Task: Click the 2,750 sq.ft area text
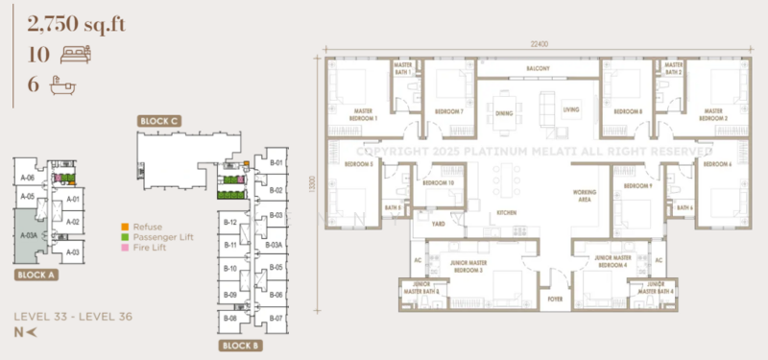pyautogui.click(x=65, y=22)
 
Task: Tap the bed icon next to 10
pyautogui.click(x=74, y=54)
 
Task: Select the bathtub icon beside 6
pyautogui.click(x=63, y=84)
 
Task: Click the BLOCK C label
pyautogui.click(x=158, y=122)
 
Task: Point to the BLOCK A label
pyautogui.click(x=36, y=275)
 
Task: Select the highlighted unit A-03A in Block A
pyautogui.click(x=29, y=233)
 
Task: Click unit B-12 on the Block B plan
pyautogui.click(x=230, y=222)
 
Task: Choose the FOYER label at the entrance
pyautogui.click(x=555, y=300)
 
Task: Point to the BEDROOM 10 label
pyautogui.click(x=438, y=182)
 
